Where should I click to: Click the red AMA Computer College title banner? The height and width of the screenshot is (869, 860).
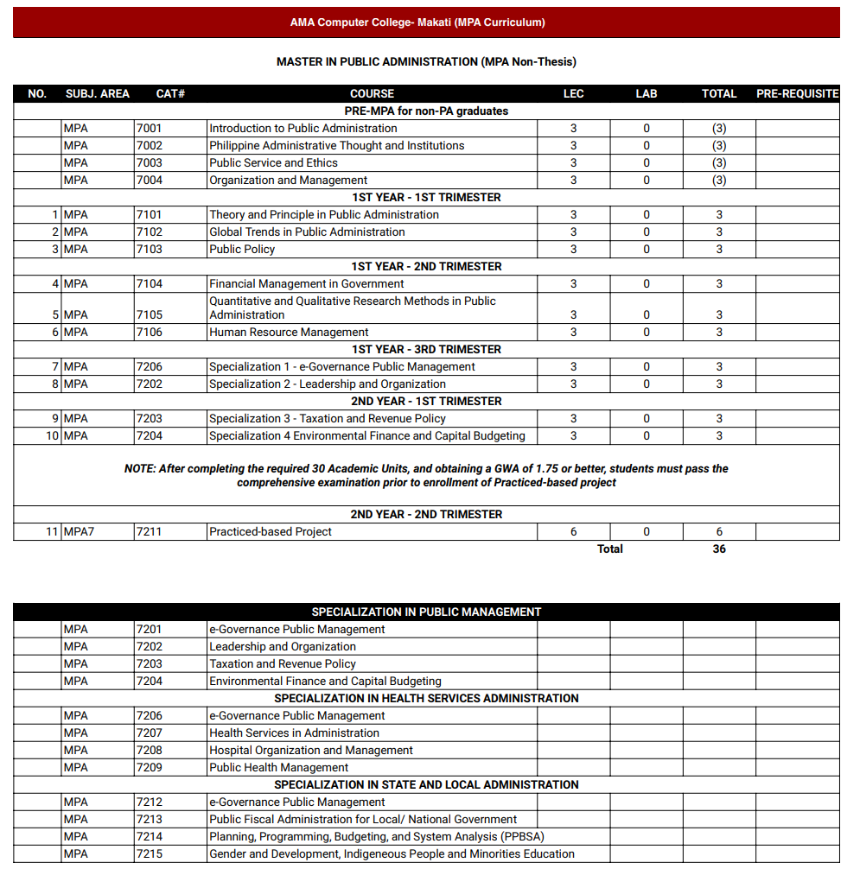[425, 22]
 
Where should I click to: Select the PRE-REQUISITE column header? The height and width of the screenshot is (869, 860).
[797, 93]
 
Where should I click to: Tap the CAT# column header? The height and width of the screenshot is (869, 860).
[170, 93]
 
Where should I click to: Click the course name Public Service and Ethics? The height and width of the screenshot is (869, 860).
[273, 162]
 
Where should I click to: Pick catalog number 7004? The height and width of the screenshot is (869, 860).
[149, 180]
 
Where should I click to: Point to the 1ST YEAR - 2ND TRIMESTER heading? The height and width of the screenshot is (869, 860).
[425, 266]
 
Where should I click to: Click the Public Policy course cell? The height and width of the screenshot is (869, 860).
[242, 249]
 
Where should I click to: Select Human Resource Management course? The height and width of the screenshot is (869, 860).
[289, 332]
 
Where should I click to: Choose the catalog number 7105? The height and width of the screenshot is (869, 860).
[149, 314]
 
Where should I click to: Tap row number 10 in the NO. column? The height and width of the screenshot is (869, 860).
[52, 435]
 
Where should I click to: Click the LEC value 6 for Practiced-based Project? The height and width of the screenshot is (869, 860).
[573, 531]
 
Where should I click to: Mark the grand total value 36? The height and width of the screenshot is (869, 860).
[719, 549]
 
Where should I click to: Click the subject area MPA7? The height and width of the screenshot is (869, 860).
[79, 531]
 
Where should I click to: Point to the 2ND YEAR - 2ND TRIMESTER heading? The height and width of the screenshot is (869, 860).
[425, 514]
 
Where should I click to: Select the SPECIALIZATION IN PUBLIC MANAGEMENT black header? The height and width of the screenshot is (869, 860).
[425, 612]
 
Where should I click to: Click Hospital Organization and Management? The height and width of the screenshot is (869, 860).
[311, 750]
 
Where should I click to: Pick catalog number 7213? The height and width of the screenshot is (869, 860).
[149, 819]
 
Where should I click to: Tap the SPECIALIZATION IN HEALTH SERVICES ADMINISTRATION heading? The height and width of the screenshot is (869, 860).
[425, 698]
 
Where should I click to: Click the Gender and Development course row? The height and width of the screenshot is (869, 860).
[392, 853]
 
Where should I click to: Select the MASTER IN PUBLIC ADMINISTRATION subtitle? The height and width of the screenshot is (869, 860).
[425, 61]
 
